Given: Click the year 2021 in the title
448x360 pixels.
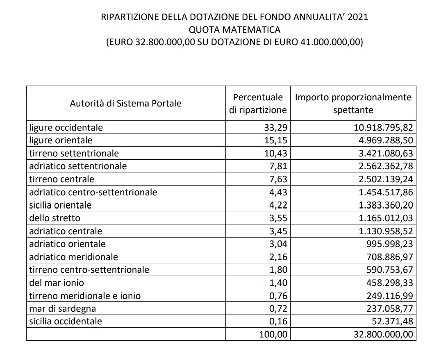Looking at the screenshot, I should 357,17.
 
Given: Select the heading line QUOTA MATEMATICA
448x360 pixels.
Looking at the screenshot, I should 234,29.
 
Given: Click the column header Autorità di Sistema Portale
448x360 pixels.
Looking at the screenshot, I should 125,103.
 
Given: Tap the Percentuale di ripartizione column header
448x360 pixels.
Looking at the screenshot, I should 258,104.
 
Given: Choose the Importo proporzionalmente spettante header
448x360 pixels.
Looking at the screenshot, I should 353,104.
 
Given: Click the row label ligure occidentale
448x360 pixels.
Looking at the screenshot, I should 66,127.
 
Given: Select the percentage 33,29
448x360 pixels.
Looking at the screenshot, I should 276,127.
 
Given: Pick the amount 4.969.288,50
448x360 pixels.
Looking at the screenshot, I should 383,140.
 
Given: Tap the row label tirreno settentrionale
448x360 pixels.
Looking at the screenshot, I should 74,154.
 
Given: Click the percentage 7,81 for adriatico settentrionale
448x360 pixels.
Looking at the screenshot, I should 279,166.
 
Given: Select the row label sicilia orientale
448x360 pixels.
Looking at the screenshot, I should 60,205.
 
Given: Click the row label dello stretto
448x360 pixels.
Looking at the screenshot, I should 55,218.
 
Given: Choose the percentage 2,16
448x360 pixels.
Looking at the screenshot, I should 279,257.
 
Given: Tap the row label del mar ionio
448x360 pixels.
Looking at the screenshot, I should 57,283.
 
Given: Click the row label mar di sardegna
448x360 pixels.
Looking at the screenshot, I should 62,309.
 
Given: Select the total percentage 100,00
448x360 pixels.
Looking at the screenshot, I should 273,335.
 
